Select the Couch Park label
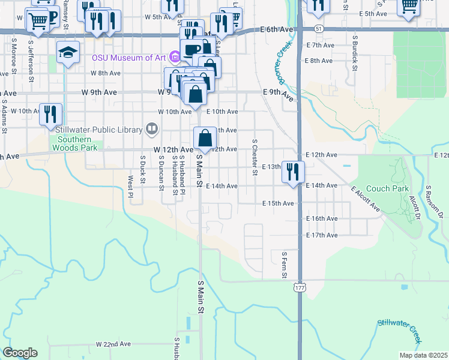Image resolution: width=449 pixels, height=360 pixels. point(387,188)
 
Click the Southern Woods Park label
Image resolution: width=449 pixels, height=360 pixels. point(75,143)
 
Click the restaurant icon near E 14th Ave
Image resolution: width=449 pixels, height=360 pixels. point(293,171)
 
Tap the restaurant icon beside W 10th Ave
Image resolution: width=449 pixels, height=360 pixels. point(50,113)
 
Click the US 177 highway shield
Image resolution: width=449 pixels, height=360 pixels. point(299,288)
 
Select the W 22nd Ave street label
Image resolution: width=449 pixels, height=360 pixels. point(113,344)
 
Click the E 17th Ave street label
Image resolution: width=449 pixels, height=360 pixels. point(322,235)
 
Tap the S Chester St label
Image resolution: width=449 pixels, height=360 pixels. point(255,158)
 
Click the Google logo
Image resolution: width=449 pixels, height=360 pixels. point(20,353)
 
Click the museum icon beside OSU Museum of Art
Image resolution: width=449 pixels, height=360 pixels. point(175,58)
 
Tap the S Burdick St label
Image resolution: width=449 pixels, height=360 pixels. point(355,53)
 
